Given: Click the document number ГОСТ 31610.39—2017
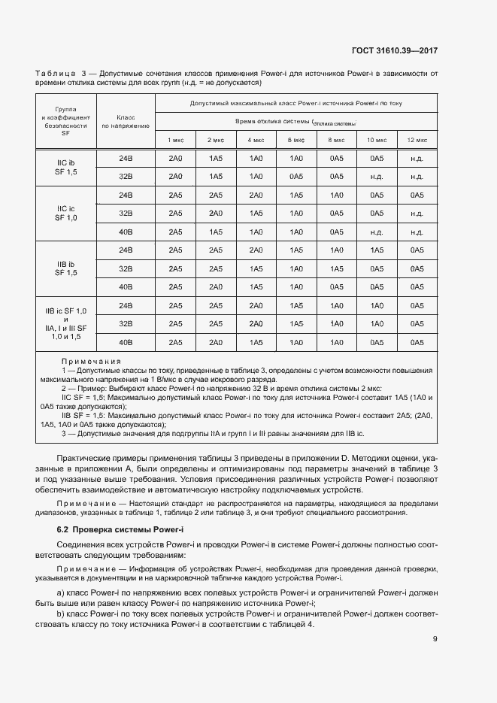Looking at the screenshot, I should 394,51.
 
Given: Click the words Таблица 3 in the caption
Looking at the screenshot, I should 60,73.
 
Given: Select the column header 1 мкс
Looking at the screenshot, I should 175,141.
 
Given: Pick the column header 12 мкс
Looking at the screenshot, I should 417,141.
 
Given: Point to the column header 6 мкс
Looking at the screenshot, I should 296,141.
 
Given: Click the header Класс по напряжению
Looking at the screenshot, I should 126,122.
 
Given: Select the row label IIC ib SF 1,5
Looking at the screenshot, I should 66,168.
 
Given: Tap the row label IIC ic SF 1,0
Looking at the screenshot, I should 66,214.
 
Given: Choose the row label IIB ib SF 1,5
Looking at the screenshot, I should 66,268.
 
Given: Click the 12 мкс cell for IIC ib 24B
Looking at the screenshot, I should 417,159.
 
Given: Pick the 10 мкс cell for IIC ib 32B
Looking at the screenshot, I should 377,177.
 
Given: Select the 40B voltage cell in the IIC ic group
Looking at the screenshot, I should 126,232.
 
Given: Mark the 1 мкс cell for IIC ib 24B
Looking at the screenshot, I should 175,159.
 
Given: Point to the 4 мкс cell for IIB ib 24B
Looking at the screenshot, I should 256,250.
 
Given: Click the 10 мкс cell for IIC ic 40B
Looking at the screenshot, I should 377,232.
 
